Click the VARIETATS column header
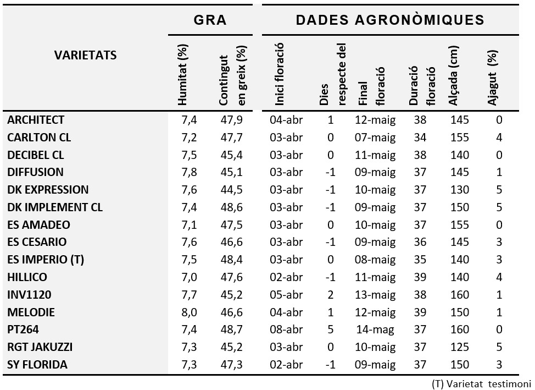(85, 55)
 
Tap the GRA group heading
(210, 20)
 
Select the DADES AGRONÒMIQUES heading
(390, 20)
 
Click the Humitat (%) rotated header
(182, 75)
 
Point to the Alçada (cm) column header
(454, 75)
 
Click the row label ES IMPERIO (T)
(46, 260)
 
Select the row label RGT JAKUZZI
(40, 347)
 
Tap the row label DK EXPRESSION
(48, 190)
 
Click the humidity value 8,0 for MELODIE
(189, 312)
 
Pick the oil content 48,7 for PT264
(231, 329)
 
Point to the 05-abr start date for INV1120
(286, 295)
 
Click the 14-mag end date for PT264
(375, 330)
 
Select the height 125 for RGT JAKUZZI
(460, 347)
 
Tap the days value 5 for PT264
(330, 329)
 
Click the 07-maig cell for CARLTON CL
(375, 138)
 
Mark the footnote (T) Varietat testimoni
(481, 384)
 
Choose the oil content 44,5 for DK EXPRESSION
(231, 190)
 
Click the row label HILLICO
(27, 277)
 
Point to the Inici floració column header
(280, 74)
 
